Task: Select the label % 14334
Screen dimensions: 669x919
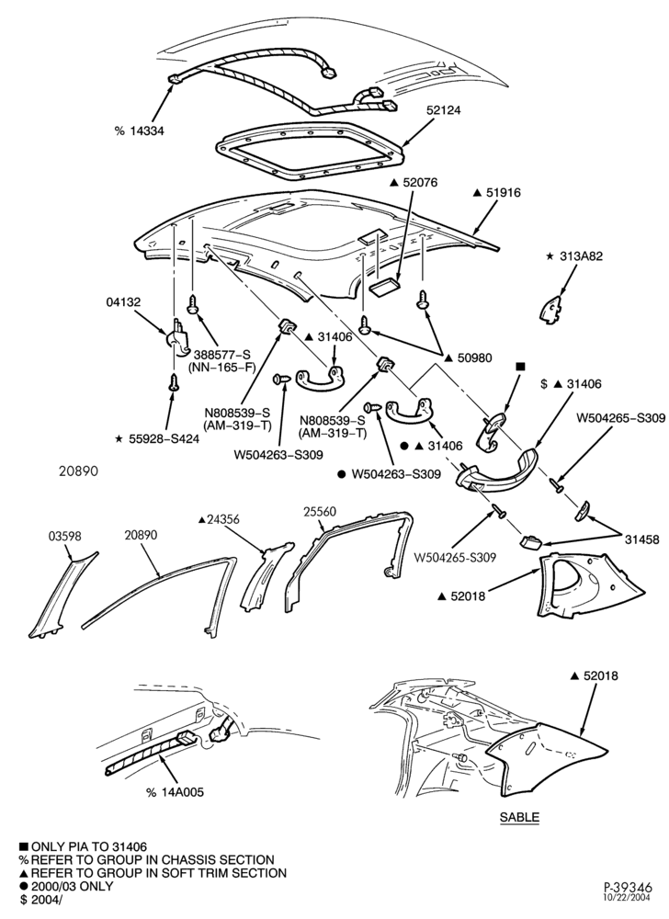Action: click(139, 130)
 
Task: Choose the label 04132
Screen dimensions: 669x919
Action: click(123, 301)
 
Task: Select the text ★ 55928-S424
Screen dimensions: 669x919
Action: click(157, 438)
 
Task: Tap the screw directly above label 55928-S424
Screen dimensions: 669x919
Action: click(173, 383)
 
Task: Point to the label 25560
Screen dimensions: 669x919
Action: click(320, 512)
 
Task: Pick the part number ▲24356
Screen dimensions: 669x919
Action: click(219, 519)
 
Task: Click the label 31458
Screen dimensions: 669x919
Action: click(641, 539)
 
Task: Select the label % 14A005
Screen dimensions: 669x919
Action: click(176, 792)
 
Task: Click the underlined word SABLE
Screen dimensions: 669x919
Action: click(519, 817)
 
